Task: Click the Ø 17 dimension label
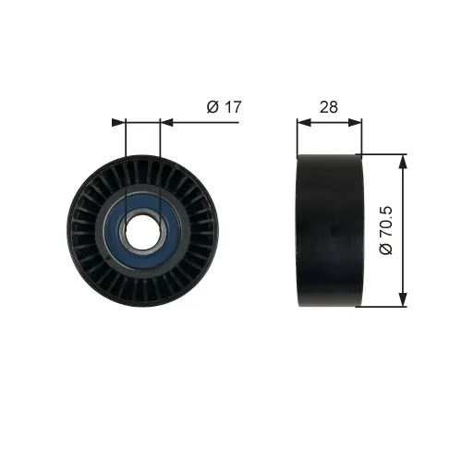coord(225,107)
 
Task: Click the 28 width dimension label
coord(329,107)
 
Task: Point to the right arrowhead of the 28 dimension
coord(358,121)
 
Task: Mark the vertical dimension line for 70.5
coord(403,230)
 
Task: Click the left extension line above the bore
coord(124,157)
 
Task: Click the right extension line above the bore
coord(160,157)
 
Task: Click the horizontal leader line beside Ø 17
coord(203,121)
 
